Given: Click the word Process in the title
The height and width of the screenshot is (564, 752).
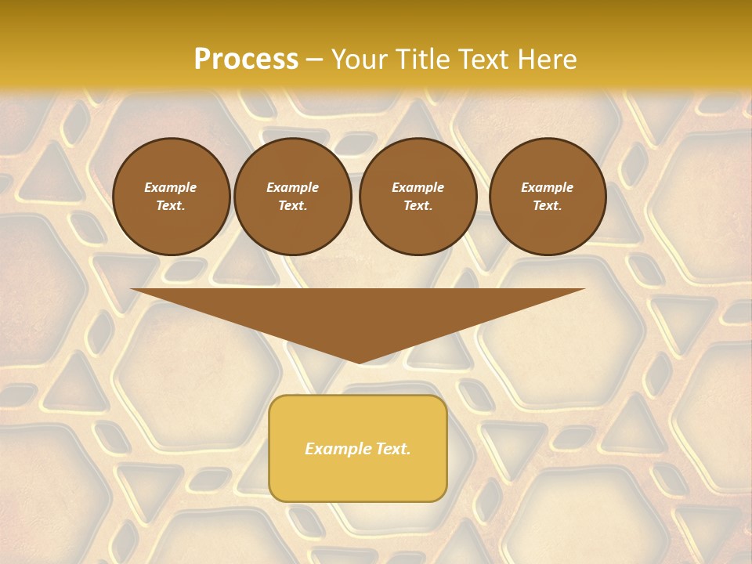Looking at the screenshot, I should (246, 60).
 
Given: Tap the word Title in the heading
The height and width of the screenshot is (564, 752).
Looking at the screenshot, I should (418, 60).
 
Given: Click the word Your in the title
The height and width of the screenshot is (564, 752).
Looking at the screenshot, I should (358, 60).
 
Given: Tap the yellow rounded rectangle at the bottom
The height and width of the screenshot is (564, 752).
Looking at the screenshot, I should (357, 478).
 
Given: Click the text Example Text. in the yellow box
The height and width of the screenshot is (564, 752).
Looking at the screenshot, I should (357, 449).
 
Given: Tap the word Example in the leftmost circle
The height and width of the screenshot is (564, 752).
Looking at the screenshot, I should (171, 187).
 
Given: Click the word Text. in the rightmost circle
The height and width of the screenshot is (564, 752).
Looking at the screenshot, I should (547, 205).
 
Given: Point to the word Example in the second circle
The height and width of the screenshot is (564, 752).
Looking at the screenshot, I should (292, 187).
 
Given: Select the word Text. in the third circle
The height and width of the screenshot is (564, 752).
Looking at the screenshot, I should (418, 205).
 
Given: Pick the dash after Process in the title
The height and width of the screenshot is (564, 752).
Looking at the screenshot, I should (315, 60).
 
